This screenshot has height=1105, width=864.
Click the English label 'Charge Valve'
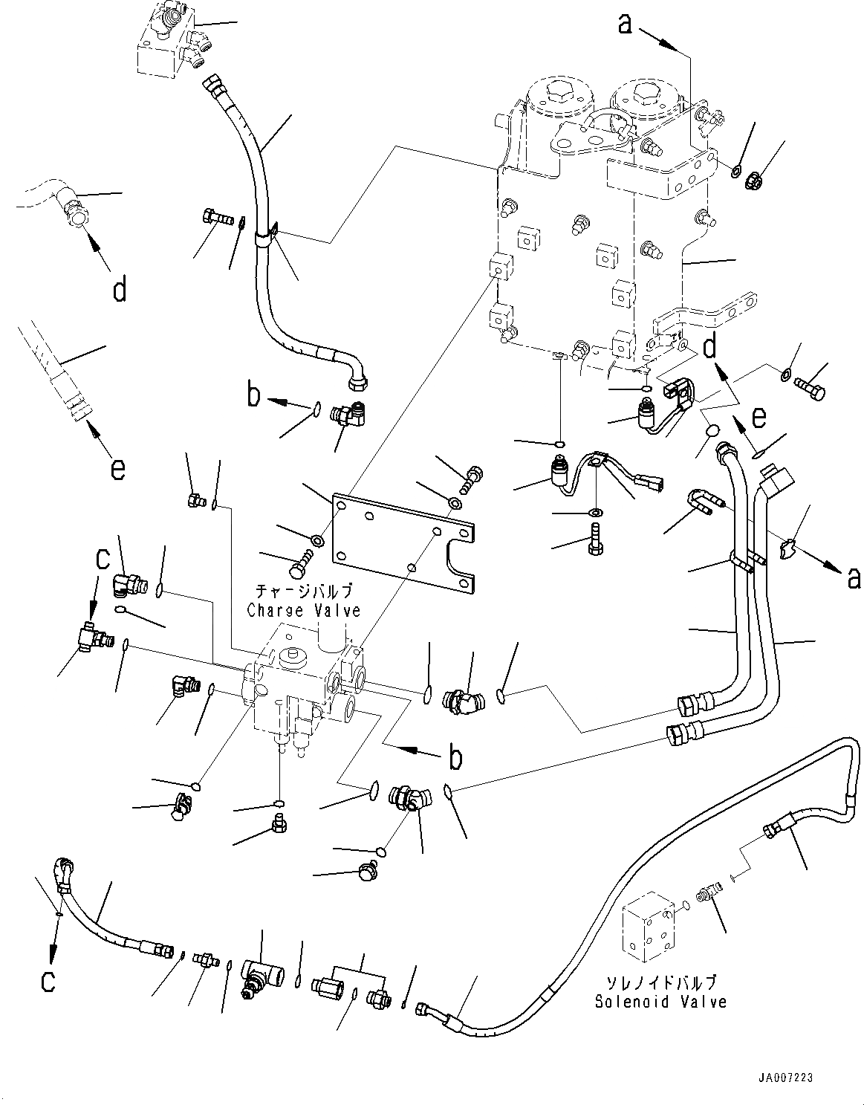pyautogui.click(x=304, y=611)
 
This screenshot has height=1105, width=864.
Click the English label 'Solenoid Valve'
pyautogui.click(x=660, y=1002)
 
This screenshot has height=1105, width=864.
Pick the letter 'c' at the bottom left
pyautogui.click(x=48, y=981)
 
